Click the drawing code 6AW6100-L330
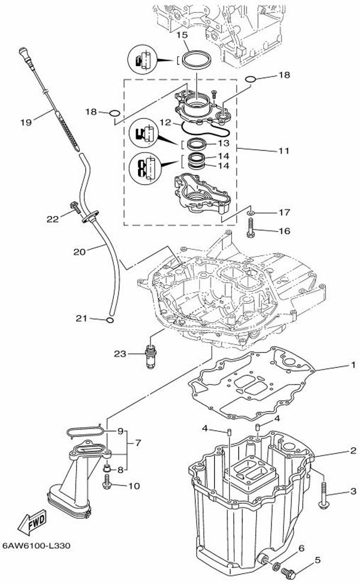coord(36,546)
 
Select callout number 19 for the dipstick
coord(26,122)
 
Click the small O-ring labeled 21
coord(110,320)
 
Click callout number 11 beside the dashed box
coord(284,151)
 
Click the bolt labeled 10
coord(107,484)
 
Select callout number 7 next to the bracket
coord(138,443)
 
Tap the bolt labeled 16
coord(251,228)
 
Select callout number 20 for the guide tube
coord(80,252)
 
